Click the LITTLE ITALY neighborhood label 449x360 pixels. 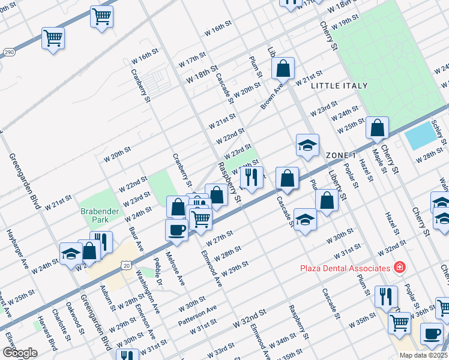(x=339, y=86)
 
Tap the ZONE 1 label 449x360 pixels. (x=341, y=155)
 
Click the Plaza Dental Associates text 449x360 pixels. (x=345, y=267)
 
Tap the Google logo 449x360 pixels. (x=19, y=353)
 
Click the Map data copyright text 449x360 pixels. (x=423, y=355)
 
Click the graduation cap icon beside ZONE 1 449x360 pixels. (x=307, y=146)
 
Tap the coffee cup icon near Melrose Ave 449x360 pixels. (x=177, y=230)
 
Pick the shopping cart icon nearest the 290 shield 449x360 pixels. (x=53, y=38)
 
